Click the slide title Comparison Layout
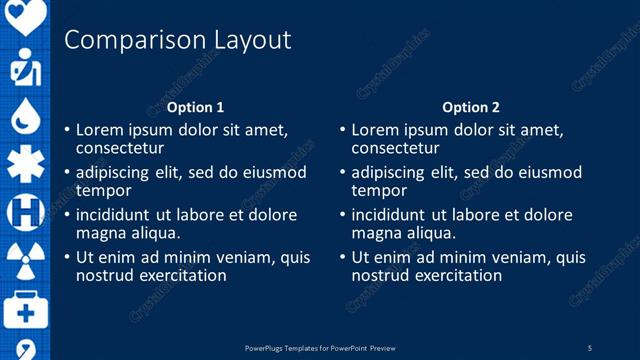(177, 40)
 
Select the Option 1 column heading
(195, 107)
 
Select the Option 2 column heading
(470, 107)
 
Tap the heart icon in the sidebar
(26, 14)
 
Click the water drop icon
(25, 117)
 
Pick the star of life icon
(25, 164)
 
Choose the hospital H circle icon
(25, 212)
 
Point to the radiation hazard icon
(25, 259)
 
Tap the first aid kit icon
(25, 310)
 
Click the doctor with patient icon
(25, 68)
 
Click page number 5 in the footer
(590, 348)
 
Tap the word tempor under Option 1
(104, 190)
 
